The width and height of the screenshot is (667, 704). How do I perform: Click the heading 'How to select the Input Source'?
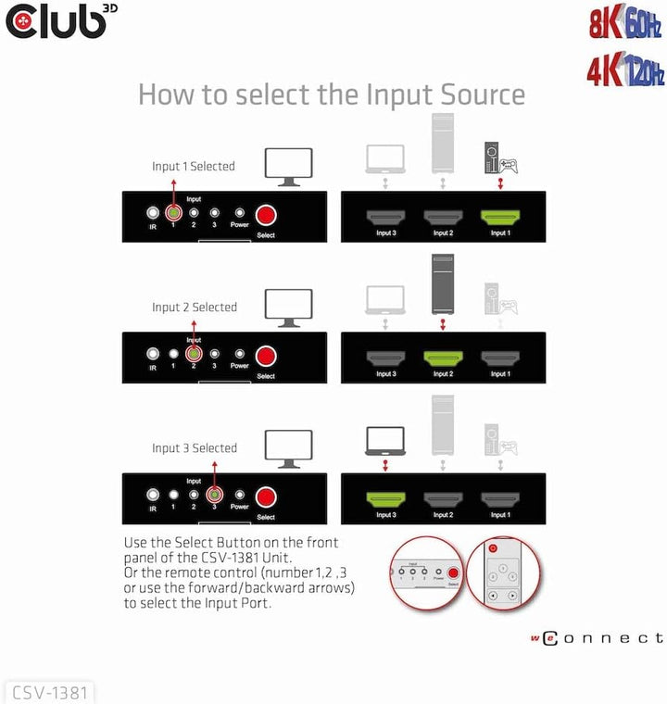[x=332, y=94]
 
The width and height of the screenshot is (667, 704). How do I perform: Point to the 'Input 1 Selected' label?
[x=194, y=167]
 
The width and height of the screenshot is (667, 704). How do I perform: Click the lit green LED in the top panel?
[x=172, y=212]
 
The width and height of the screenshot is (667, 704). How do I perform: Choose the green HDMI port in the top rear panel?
[x=499, y=218]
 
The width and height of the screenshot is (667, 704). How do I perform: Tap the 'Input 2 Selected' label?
[x=195, y=308]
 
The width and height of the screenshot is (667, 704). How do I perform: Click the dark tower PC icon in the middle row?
[x=443, y=283]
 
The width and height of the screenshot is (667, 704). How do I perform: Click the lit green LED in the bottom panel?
[x=214, y=494]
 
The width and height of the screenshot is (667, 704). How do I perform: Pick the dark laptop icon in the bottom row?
[x=386, y=439]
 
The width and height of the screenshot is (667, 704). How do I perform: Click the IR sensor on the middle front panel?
[x=152, y=354]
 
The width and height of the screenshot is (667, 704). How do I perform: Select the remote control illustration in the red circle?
[x=501, y=573]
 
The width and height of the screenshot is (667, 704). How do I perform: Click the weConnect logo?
[x=597, y=638]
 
